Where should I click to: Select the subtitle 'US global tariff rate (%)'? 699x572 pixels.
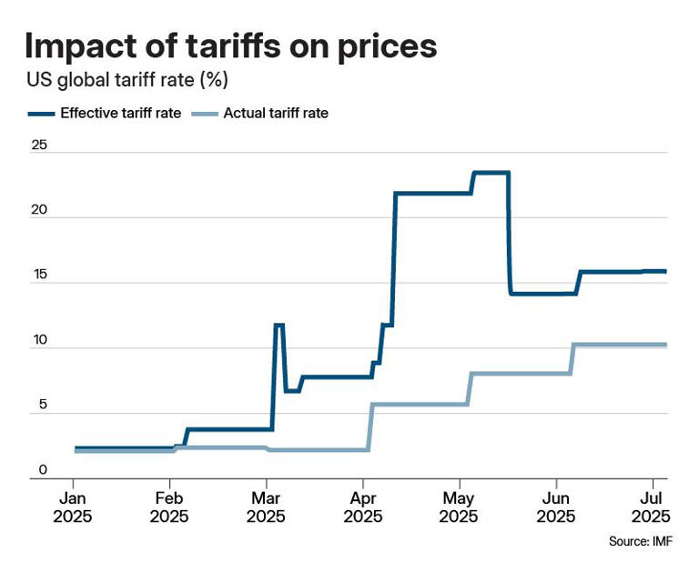(x=127, y=80)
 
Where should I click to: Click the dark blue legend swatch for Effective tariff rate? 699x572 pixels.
(x=41, y=114)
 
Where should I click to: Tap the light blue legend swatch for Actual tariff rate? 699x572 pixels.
(x=205, y=114)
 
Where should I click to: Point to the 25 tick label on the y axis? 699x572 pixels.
(x=39, y=145)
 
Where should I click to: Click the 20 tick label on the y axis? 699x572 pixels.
(x=39, y=209)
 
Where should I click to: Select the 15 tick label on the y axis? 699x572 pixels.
(x=39, y=275)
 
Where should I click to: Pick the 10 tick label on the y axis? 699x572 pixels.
(x=39, y=340)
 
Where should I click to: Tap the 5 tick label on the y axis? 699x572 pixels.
(x=43, y=405)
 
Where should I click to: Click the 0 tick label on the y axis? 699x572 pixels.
(x=43, y=470)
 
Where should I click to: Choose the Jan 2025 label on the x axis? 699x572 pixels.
(x=72, y=507)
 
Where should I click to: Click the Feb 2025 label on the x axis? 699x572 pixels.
(x=169, y=507)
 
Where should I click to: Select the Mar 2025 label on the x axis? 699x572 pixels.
(x=266, y=507)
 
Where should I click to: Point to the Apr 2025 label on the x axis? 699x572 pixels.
(x=363, y=507)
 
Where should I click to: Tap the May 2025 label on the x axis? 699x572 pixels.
(x=459, y=507)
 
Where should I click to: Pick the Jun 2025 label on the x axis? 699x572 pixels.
(x=556, y=507)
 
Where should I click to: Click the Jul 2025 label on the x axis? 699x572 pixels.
(x=652, y=507)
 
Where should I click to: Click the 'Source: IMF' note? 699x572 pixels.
(x=641, y=541)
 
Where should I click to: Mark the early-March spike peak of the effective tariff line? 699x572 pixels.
(x=279, y=326)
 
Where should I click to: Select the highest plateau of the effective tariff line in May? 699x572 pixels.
(x=491, y=173)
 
